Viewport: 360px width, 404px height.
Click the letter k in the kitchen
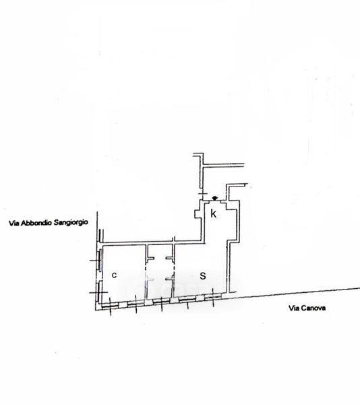213,213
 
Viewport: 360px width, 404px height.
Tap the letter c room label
114,275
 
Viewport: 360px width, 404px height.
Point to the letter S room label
203,276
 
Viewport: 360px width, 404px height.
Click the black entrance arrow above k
214,198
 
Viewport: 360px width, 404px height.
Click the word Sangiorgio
70,222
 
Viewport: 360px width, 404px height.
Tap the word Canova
313,308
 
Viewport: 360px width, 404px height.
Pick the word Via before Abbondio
14,224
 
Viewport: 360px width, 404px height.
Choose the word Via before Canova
294,308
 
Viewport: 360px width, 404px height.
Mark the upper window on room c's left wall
99,260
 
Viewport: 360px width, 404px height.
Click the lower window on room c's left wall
99,292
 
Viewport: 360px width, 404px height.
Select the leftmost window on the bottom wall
110,306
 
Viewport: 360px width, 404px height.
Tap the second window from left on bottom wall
136,304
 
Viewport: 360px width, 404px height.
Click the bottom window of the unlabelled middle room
161,301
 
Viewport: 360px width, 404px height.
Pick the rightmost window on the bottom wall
213,296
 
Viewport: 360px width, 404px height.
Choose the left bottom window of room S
187,299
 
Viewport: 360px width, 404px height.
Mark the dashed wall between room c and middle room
146,273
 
